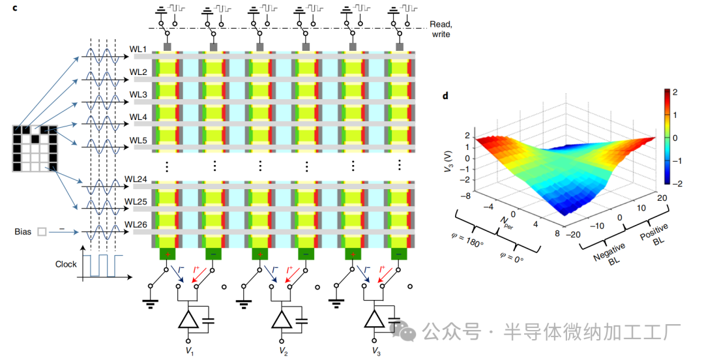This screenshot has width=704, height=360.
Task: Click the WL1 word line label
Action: [138, 50]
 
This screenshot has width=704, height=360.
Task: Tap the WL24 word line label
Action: [136, 179]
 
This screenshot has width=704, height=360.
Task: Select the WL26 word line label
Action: [136, 224]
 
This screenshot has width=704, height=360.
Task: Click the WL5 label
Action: [138, 140]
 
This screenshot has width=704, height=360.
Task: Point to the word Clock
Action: [66, 264]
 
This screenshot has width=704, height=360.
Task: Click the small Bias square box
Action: [42, 231]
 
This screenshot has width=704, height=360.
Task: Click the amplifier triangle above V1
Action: [189, 320]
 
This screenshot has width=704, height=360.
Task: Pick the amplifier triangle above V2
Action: [282, 320]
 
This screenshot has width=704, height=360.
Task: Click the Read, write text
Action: [440, 29]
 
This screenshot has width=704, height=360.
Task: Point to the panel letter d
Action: [445, 97]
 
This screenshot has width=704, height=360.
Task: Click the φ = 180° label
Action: [466, 243]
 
